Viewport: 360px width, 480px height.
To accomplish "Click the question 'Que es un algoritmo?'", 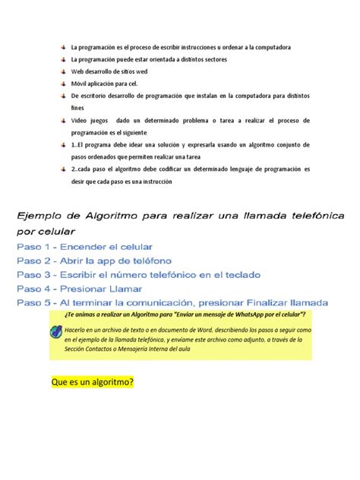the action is pos(91,382).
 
